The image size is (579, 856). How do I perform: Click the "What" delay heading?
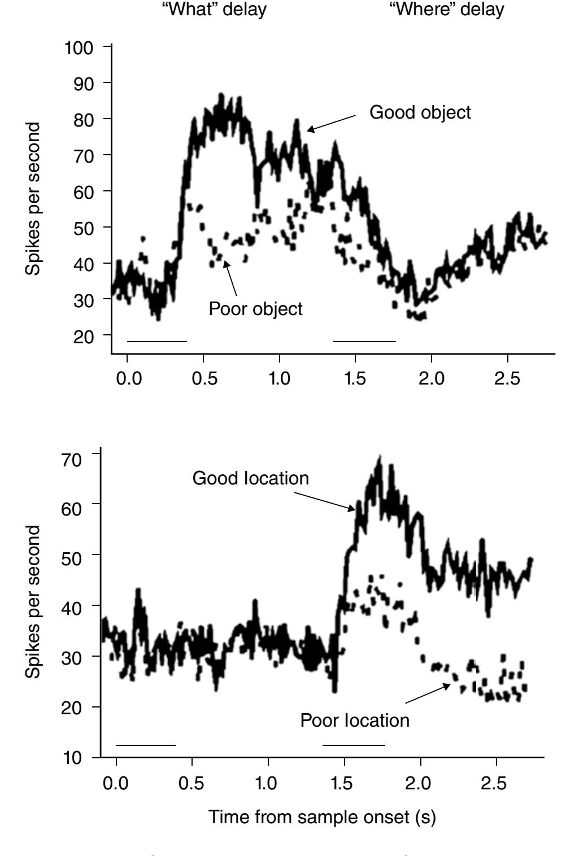click(x=214, y=10)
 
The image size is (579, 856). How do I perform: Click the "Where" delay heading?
click(x=446, y=10)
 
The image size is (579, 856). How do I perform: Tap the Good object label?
click(x=420, y=112)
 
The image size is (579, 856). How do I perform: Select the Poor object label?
click(x=255, y=309)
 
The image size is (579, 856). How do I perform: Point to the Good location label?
click(x=251, y=478)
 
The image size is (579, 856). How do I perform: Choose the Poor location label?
click(x=355, y=720)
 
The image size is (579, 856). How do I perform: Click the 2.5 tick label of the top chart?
click(x=507, y=378)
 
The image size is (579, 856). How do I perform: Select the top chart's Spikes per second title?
click(x=33, y=199)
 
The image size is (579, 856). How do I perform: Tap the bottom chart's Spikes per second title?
click(x=33, y=602)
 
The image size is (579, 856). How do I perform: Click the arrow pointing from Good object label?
click(x=332, y=123)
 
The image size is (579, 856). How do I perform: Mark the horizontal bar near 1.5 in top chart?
click(x=364, y=341)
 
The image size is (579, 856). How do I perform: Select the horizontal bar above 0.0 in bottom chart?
click(x=145, y=745)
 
